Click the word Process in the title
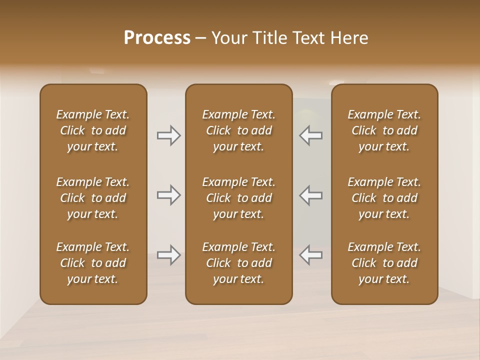pyautogui.click(x=157, y=38)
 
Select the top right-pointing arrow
pyautogui.click(x=168, y=135)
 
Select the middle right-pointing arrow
pyautogui.click(x=168, y=195)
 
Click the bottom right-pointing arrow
pyautogui.click(x=168, y=255)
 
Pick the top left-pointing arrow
pyautogui.click(x=311, y=135)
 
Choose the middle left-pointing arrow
pyautogui.click(x=311, y=195)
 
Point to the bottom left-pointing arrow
pyautogui.click(x=311, y=255)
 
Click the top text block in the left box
pyautogui.click(x=93, y=130)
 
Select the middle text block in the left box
pyautogui.click(x=93, y=198)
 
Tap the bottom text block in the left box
pyautogui.click(x=93, y=263)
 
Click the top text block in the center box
pyautogui.click(x=238, y=130)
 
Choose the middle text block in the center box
pyautogui.click(x=238, y=198)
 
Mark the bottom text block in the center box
pyautogui.click(x=238, y=263)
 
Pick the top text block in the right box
pyautogui.click(x=384, y=130)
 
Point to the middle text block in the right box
pyautogui.click(x=384, y=198)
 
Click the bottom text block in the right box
pyautogui.click(x=384, y=263)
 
